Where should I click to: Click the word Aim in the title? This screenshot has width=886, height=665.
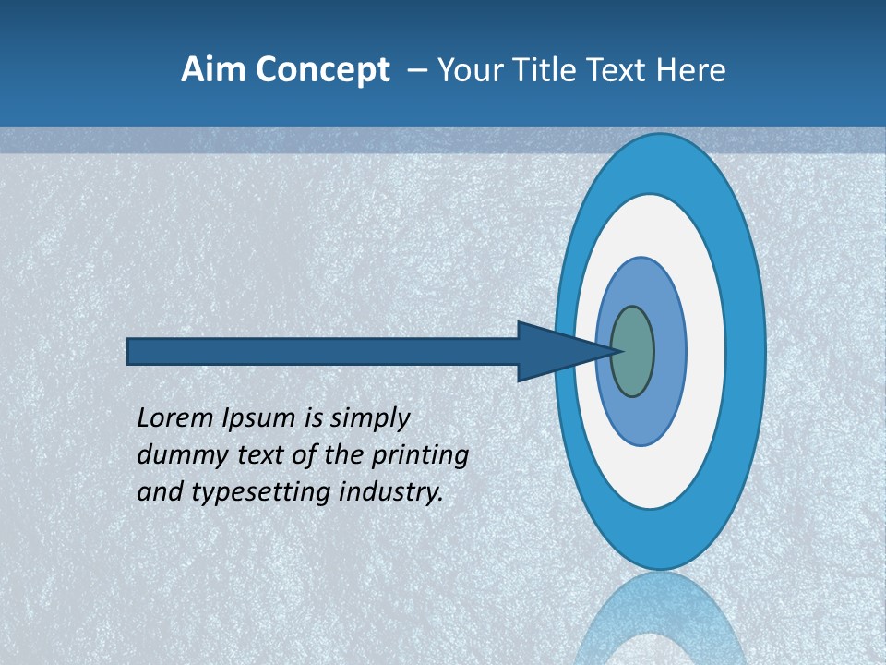point(211,70)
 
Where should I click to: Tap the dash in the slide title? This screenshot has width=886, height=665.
point(416,70)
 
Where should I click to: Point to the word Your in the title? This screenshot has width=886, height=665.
point(467,70)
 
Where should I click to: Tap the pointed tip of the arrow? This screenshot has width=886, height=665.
point(619,351)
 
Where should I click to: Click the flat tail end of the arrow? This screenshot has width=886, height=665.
point(129,351)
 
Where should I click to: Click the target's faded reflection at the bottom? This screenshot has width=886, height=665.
point(659,619)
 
